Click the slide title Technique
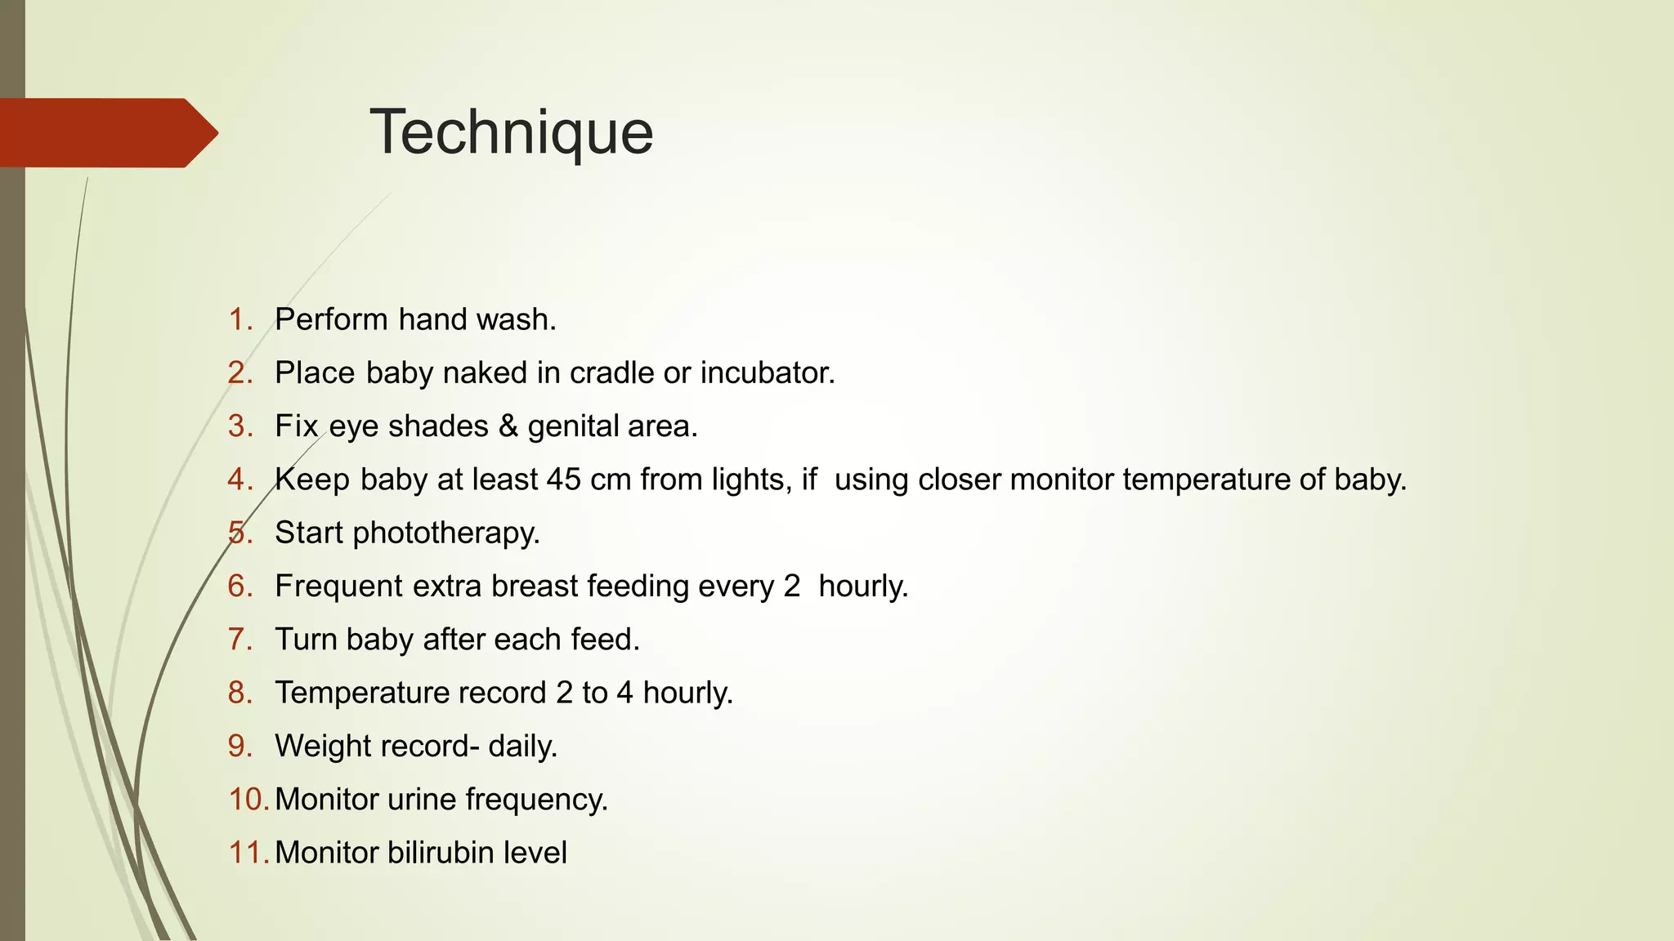pos(512,132)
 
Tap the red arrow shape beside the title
pos(106,133)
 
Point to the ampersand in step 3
pos(508,426)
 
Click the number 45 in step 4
pos(564,479)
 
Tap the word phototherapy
pos(445,533)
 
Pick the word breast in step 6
pos(535,586)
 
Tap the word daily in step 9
pos(521,747)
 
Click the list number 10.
pos(248,800)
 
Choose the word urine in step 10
pos(423,800)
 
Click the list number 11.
pos(248,853)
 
